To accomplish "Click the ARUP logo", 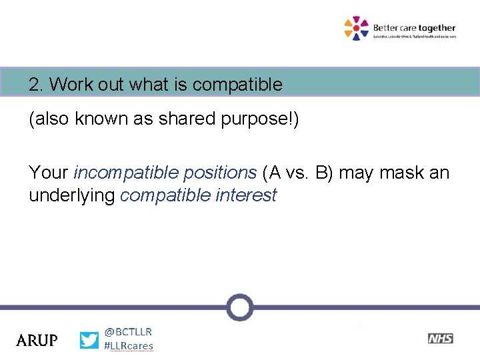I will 37,340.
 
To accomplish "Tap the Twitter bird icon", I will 89,340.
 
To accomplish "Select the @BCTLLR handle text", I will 128,331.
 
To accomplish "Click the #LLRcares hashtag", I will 129,346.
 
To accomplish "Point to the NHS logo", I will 440,339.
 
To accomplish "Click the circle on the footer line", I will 239,307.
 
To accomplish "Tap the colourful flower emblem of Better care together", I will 356,28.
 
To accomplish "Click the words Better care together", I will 413,28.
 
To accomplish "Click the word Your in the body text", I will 48,173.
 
